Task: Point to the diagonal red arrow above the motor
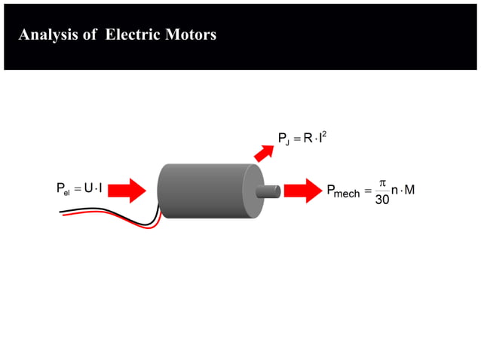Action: (264, 153)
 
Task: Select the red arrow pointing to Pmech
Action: (303, 191)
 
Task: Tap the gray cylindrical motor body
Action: (204, 191)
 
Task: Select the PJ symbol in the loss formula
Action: (284, 139)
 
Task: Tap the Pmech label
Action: (343, 192)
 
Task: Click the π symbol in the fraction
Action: (382, 182)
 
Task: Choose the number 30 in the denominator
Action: (382, 201)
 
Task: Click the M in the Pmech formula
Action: (409, 190)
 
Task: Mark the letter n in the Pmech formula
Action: (394, 191)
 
